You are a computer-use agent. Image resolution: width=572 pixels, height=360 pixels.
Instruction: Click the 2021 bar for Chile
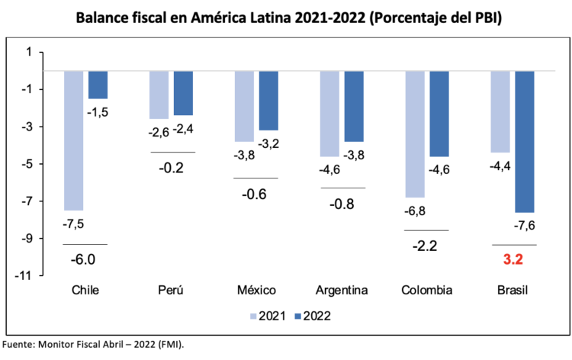pyautogui.click(x=73, y=140)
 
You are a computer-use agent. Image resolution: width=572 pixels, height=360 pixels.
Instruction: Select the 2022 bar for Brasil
pyautogui.click(x=525, y=141)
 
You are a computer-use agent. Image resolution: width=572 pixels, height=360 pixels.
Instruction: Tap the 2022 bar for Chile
pyautogui.click(x=98, y=85)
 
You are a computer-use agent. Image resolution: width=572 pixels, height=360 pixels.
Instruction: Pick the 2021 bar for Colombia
pyautogui.click(x=415, y=134)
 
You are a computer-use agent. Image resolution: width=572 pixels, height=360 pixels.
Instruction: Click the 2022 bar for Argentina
pyautogui.click(x=354, y=106)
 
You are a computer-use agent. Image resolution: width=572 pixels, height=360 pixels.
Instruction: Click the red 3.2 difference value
pyautogui.click(x=513, y=259)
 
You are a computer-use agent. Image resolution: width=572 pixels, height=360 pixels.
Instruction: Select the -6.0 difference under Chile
pyautogui.click(x=84, y=259)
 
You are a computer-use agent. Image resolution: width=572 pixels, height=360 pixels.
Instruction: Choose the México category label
pyautogui.click(x=255, y=291)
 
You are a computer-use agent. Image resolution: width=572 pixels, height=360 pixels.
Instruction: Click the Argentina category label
pyautogui.click(x=342, y=291)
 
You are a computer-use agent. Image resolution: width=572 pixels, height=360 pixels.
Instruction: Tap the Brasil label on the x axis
pyautogui.click(x=512, y=291)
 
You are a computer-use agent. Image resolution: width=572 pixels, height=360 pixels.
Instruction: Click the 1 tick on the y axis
pyautogui.click(x=29, y=52)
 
